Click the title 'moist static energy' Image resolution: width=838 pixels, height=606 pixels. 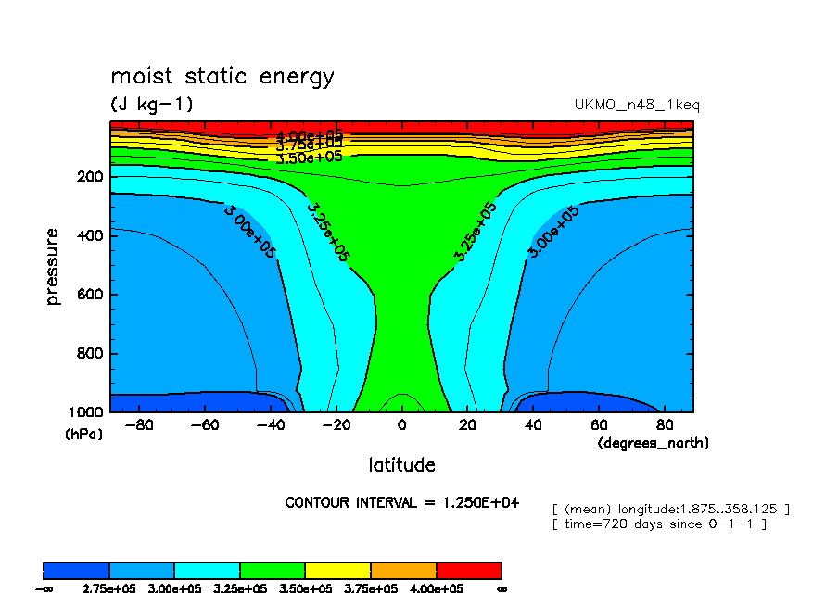tap(222, 76)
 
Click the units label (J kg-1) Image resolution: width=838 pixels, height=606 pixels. tap(152, 105)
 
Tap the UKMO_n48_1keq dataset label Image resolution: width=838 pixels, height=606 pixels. tap(637, 105)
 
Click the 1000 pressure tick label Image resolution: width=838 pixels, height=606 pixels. tap(86, 412)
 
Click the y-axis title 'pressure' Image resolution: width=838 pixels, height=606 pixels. tap(52, 267)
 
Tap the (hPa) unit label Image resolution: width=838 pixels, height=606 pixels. tap(84, 433)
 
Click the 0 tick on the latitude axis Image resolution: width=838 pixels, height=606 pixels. tap(401, 425)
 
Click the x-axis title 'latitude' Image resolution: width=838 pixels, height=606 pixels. tap(401, 464)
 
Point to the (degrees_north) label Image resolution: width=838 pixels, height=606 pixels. tap(654, 443)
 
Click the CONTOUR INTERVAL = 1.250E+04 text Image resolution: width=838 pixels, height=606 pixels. tap(401, 502)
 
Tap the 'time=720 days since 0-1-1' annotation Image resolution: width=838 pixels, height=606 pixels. tap(659, 524)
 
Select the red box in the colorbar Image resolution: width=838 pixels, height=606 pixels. tap(468, 570)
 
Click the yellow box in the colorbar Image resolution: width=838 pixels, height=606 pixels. tap(337, 570)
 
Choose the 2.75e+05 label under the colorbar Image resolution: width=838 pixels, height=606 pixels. tap(109, 588)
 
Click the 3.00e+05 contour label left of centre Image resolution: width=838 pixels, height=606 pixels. tap(249, 231)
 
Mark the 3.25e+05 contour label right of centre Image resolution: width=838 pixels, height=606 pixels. tap(476, 231)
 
